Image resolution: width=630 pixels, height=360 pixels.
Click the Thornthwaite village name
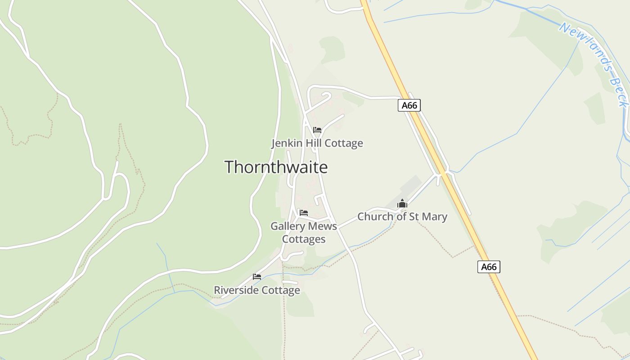pyautogui.click(x=276, y=167)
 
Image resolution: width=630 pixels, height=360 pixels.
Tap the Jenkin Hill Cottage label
pyautogui.click(x=317, y=143)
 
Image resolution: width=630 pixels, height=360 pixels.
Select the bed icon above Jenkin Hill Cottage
pyautogui.click(x=317, y=130)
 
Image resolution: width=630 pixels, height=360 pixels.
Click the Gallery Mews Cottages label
pyautogui.click(x=304, y=232)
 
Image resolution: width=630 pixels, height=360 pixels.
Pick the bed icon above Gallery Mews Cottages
pyautogui.click(x=304, y=213)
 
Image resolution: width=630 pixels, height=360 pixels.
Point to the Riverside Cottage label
pyautogui.click(x=256, y=290)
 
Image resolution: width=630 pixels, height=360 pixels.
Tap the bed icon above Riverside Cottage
pyautogui.click(x=257, y=277)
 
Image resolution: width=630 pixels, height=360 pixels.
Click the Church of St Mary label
pyautogui.click(x=402, y=216)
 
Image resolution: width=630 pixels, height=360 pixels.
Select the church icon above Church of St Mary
pyautogui.click(x=402, y=204)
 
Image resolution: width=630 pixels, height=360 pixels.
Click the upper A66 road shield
pyautogui.click(x=409, y=105)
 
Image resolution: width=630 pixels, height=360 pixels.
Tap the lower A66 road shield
pyautogui.click(x=489, y=267)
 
